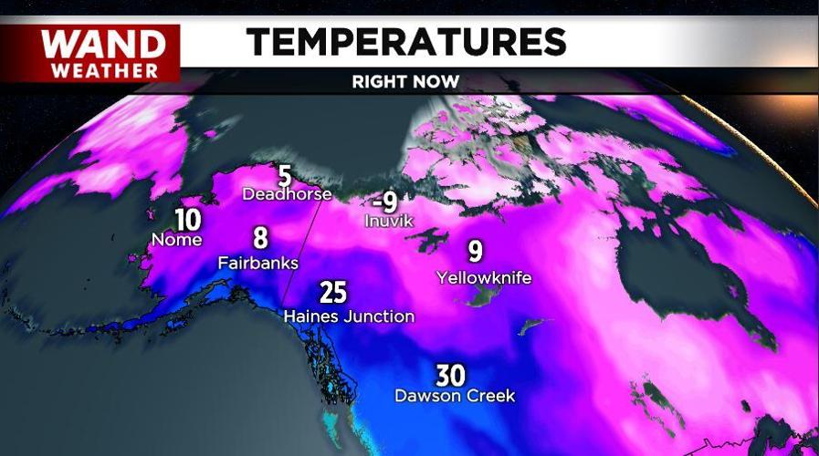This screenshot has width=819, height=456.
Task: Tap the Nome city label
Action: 176,240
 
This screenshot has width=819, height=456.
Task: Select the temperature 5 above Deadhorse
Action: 284,175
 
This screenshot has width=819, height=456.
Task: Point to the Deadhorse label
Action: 286,193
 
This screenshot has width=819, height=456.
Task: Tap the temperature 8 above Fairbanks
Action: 260,239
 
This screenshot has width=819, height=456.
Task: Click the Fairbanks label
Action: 258,263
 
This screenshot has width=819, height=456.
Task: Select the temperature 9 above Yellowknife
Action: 476,251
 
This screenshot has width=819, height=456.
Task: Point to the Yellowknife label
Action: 484,276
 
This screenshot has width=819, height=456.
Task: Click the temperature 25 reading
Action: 333,293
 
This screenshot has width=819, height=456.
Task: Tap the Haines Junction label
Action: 349,316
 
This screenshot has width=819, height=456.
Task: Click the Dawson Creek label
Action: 454,396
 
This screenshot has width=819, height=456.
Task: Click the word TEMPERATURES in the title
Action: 406,41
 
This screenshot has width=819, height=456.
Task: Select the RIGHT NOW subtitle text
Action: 405,81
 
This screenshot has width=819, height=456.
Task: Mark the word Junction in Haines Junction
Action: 380,316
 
